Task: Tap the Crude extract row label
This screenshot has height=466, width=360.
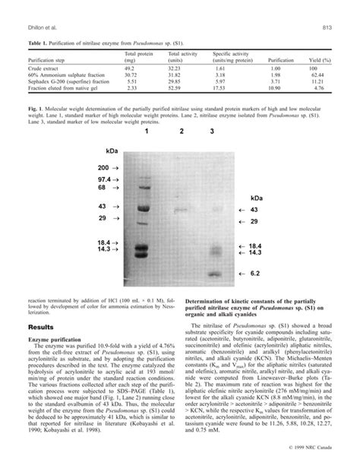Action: tap(43, 68)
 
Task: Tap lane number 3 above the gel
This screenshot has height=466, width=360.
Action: tap(212, 132)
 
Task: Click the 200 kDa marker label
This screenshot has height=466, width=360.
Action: tap(103, 166)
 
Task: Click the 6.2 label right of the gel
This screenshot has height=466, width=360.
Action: tap(256, 271)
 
